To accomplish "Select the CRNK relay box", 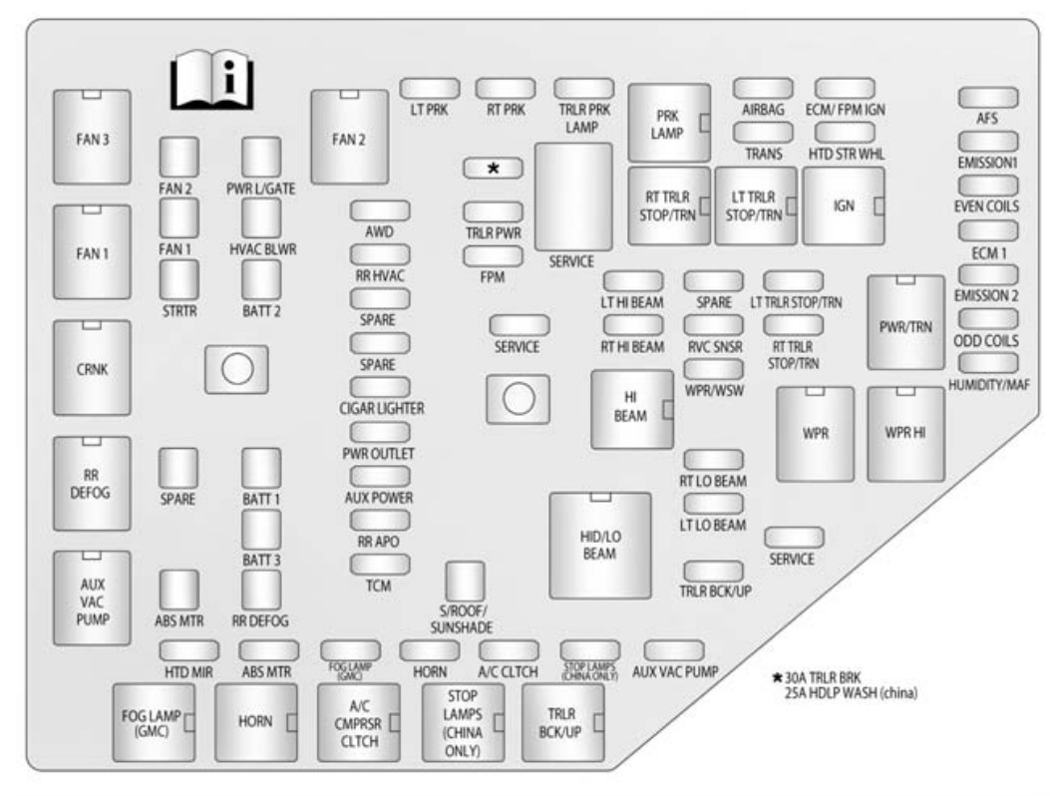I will pos(91,367).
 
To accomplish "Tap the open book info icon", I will pos(209,82).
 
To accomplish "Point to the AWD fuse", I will pos(380,210).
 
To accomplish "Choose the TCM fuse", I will pos(380,565).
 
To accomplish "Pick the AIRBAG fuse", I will pos(763,89).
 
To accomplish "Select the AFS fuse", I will pos(988,97).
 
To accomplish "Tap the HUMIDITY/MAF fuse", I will pos(988,363).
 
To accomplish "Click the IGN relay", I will pos(843,205).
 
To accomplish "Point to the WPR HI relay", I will pos(904,433).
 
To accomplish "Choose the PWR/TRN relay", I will pos(904,322).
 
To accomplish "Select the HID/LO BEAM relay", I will pos(599,544).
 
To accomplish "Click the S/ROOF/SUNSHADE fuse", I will pos(464,580).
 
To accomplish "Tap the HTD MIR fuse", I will pos(189,651).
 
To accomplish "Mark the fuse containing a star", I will pos(493,170).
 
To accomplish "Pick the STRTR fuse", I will pos(178,280).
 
